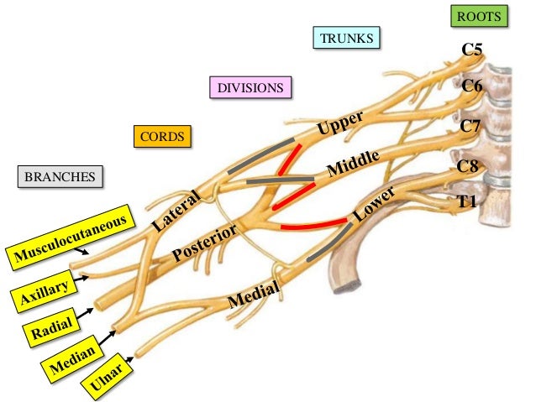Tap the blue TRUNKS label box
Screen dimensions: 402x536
point(347,38)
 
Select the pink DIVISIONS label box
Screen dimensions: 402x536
point(250,87)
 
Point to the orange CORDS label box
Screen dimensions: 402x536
point(161,136)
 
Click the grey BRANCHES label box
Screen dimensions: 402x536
point(60,177)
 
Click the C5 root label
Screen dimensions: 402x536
point(472,52)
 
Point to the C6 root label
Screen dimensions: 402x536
point(471,86)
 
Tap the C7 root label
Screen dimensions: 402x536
point(470,126)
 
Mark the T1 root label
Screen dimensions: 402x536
point(466,201)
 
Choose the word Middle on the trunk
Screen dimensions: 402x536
point(354,162)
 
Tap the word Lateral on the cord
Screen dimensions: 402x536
point(176,211)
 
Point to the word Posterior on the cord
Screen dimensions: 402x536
point(204,243)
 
